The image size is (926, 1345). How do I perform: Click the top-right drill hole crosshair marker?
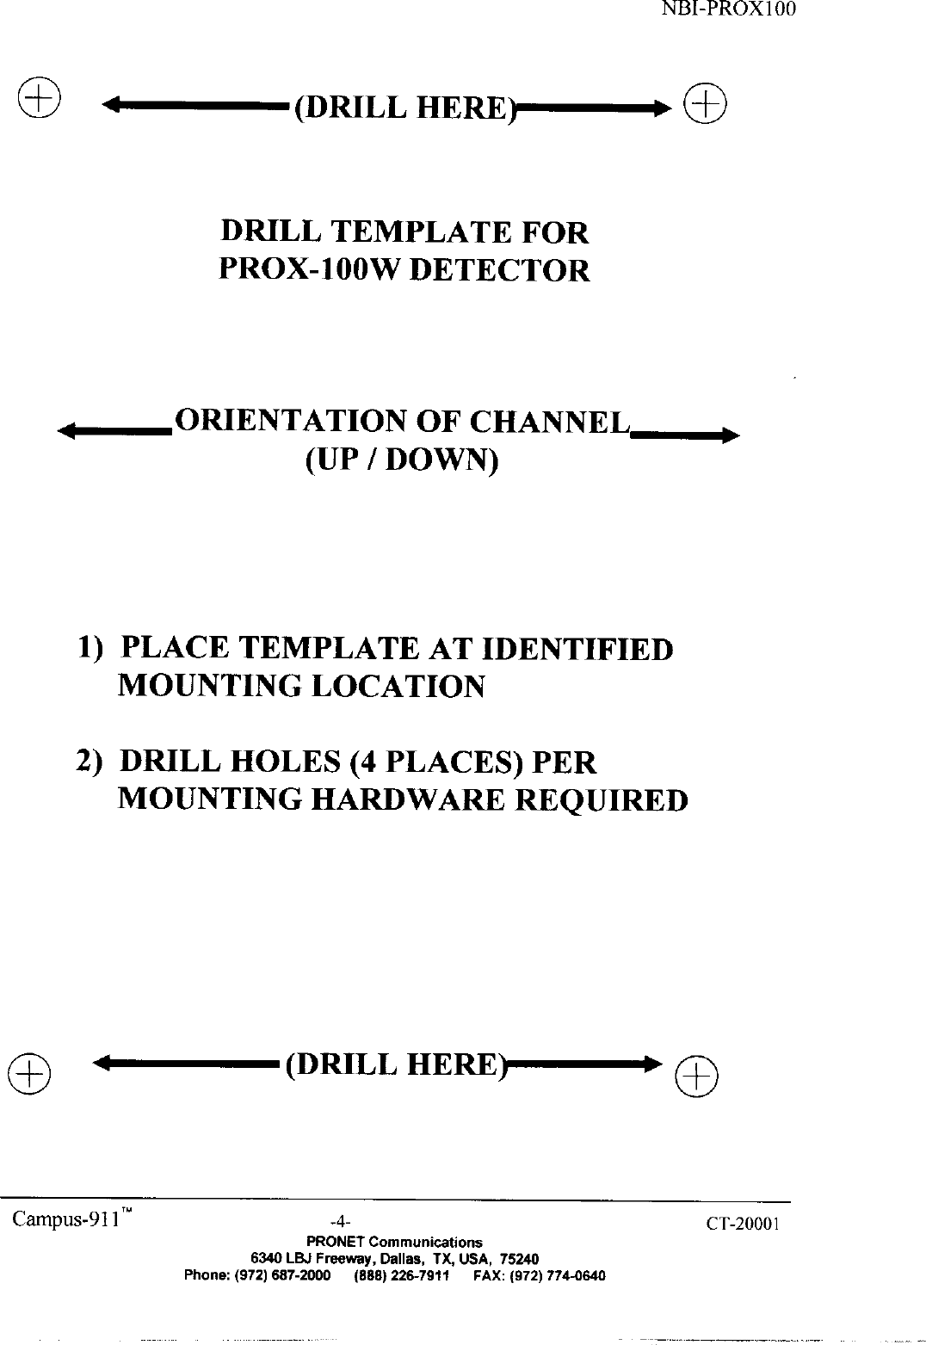tap(704, 105)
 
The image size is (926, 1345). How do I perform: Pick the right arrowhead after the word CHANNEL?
tap(730, 435)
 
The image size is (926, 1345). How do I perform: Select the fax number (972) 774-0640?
tap(551, 1275)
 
